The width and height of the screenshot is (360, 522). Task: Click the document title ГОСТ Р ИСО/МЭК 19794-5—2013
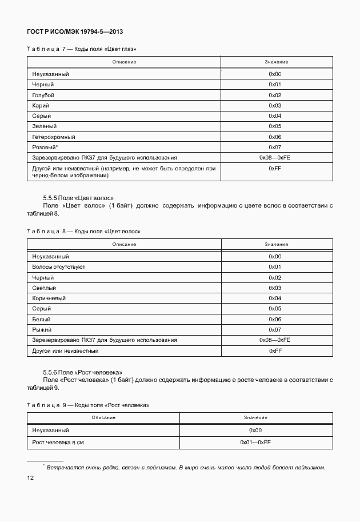click(x=75, y=31)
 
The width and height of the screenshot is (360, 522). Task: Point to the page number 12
click(x=30, y=479)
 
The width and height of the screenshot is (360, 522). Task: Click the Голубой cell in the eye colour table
click(x=43, y=95)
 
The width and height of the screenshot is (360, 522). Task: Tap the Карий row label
click(x=41, y=106)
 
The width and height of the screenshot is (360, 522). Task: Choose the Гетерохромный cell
click(x=54, y=137)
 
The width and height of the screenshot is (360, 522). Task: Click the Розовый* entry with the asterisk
click(x=45, y=148)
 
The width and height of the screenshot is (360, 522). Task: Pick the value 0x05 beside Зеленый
click(x=275, y=126)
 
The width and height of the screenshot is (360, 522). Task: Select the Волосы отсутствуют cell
click(x=59, y=267)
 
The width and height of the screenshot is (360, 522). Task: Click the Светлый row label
click(x=45, y=288)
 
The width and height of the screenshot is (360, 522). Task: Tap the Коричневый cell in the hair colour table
click(x=49, y=298)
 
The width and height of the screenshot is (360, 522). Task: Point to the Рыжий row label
click(x=42, y=330)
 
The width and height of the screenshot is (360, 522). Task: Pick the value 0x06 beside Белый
click(x=275, y=320)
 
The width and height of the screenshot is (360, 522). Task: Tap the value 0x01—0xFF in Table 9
click(x=255, y=443)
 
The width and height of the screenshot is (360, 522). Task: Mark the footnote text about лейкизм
click(x=186, y=468)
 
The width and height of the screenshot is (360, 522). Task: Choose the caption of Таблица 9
click(x=88, y=405)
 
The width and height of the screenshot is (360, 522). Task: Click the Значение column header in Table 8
click(x=275, y=244)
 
